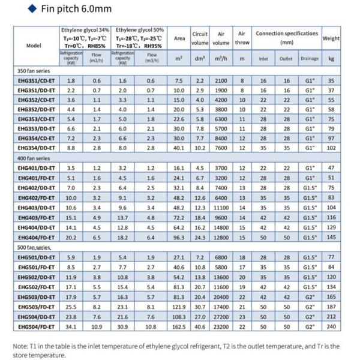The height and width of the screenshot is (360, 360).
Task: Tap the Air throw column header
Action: [x=242, y=38]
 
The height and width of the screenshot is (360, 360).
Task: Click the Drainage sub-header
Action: [x=310, y=59]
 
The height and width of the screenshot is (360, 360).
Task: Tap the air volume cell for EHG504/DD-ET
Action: [x=221, y=317]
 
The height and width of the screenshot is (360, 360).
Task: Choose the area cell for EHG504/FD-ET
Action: [x=179, y=327]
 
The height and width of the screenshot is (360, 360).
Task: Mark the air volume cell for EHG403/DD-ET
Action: [x=221, y=208]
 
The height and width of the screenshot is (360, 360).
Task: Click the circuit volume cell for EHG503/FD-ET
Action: [x=200, y=307]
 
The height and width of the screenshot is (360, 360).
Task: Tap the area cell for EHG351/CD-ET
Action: [x=179, y=80]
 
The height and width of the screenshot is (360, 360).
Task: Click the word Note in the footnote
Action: [x=21, y=346]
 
